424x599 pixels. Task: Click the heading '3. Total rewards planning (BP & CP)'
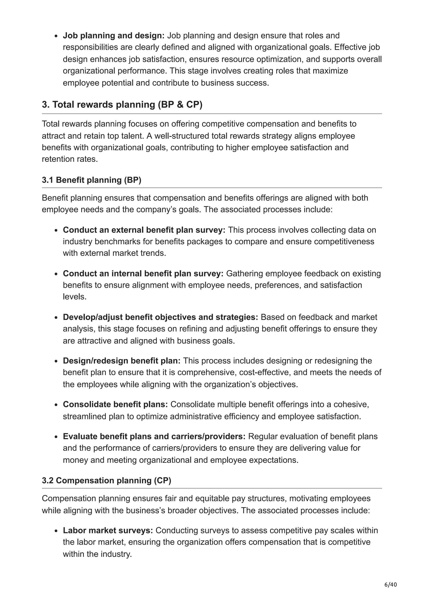pyautogui.click(x=122, y=105)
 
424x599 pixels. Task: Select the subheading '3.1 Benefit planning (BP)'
pyautogui.click(x=92, y=180)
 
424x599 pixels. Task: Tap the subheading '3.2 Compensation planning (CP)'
pyautogui.click(x=106, y=481)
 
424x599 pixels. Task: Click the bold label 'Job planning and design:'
pyautogui.click(x=114, y=36)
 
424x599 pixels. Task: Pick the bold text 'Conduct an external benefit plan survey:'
pyautogui.click(x=144, y=230)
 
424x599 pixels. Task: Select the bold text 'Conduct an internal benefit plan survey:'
pyautogui.click(x=143, y=273)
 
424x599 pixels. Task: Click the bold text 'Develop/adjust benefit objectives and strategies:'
pyautogui.click(x=160, y=317)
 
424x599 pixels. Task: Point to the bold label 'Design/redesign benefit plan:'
pyautogui.click(x=122, y=360)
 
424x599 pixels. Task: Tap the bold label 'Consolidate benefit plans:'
pyautogui.click(x=115, y=404)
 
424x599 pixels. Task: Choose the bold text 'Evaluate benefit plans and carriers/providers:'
pyautogui.click(x=154, y=437)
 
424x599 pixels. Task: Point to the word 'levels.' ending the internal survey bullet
pyautogui.click(x=75, y=297)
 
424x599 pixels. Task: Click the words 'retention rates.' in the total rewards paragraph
pyautogui.click(x=70, y=159)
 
